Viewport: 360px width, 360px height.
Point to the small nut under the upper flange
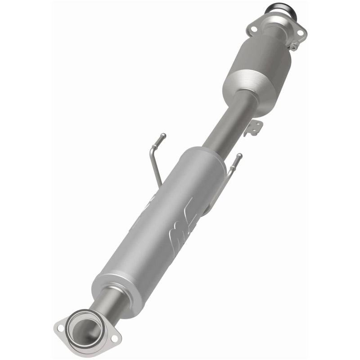(x=293, y=46)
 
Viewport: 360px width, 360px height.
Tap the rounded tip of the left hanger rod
(x=164, y=135)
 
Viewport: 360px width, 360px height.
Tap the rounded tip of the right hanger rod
(x=239, y=156)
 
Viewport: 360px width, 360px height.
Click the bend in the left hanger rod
(x=151, y=158)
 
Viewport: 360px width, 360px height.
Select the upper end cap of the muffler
(x=202, y=155)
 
